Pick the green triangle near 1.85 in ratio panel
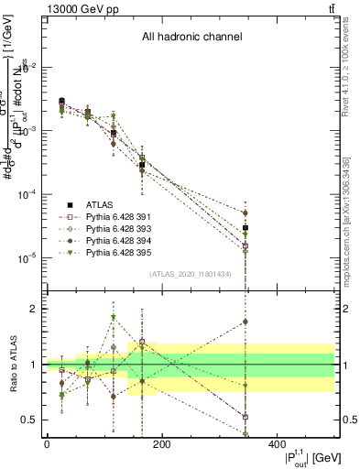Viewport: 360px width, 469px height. point(113,318)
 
